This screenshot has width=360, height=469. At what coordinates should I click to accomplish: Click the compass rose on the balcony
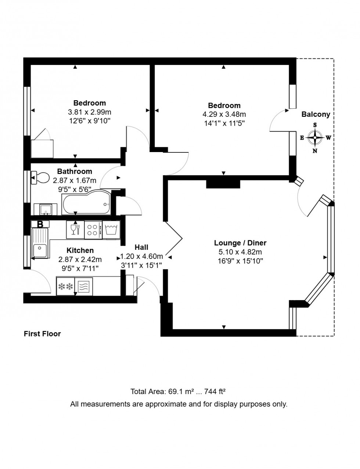click(x=315, y=138)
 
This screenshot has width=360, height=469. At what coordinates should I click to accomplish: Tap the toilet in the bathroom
click(x=41, y=178)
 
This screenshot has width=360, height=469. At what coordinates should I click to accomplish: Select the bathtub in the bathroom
click(x=86, y=202)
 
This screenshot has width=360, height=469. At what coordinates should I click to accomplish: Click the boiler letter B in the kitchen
click(x=40, y=224)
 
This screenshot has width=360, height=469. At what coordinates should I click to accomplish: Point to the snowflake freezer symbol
click(x=65, y=286)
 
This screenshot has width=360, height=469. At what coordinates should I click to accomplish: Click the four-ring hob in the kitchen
click(x=93, y=230)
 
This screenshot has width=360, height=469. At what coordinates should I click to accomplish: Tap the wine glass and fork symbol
click(x=75, y=230)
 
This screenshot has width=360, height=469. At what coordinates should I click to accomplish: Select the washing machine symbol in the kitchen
click(x=111, y=230)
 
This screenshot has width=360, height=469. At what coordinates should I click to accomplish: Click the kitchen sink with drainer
click(x=40, y=243)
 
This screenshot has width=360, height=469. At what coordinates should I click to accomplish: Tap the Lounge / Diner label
click(x=240, y=243)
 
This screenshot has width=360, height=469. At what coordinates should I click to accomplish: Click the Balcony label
click(x=316, y=114)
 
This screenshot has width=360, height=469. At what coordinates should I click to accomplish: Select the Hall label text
click(x=141, y=247)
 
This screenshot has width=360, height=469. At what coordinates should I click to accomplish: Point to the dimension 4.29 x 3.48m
click(x=224, y=114)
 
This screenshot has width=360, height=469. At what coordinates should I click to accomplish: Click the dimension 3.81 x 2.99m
click(x=89, y=112)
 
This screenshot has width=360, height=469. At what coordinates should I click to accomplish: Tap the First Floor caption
click(x=42, y=333)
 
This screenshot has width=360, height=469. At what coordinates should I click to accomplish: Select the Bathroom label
click(x=75, y=171)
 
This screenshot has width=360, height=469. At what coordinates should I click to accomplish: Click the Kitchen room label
click(x=80, y=250)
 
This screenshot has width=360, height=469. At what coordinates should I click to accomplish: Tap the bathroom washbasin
click(x=46, y=209)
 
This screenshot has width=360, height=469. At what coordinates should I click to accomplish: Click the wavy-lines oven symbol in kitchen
click(x=84, y=286)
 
